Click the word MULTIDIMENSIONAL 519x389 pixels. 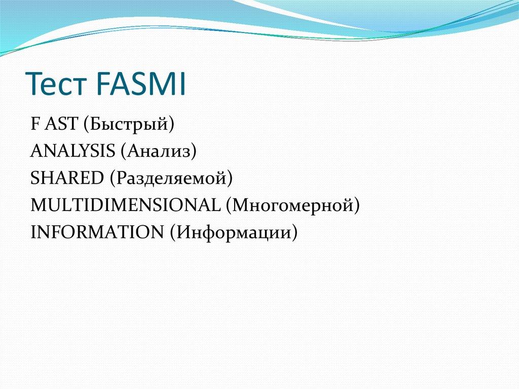coord(125,205)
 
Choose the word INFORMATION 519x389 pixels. coord(96,232)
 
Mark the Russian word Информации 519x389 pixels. coord(233,232)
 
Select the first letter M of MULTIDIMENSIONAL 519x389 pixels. coord(38,205)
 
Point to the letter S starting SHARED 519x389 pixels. coord(34,178)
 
